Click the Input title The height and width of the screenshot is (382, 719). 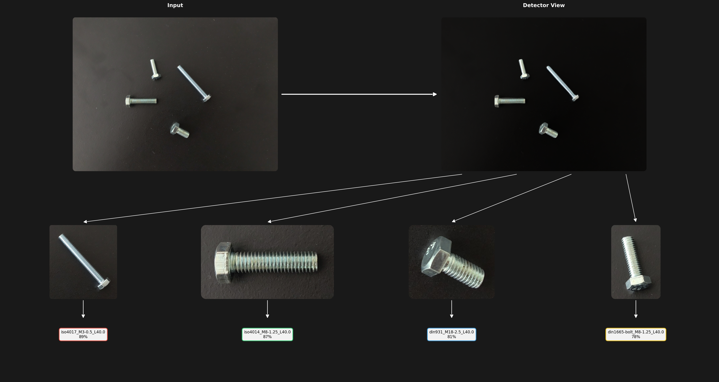[175, 5]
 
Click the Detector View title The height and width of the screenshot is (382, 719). [543, 5]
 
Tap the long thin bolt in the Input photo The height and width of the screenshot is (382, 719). [194, 83]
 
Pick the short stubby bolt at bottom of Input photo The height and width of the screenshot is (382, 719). [179, 130]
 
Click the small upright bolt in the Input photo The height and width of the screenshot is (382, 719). [155, 69]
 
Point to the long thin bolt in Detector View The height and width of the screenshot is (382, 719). [562, 83]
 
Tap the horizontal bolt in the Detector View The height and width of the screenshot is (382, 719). [510, 101]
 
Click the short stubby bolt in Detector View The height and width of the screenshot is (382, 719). [548, 130]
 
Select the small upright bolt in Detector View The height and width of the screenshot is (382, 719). [524, 69]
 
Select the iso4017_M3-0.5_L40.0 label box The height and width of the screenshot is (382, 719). [83, 334]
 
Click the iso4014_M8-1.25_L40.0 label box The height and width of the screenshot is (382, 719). [267, 334]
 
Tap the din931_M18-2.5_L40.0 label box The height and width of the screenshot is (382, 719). [452, 334]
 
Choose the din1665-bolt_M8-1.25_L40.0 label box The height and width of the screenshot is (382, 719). [636, 334]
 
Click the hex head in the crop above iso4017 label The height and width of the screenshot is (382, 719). [103, 284]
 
